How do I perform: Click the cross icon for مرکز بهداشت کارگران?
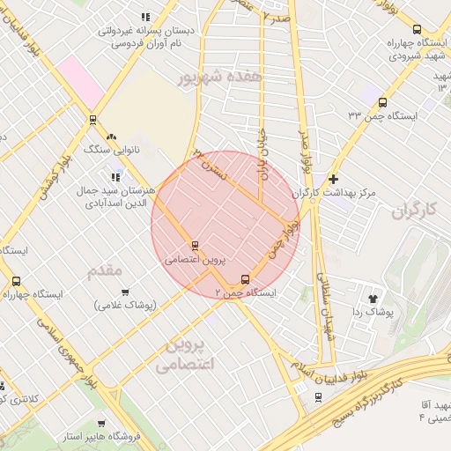pos(333,178)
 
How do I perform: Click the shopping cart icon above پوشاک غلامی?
pos(125,292)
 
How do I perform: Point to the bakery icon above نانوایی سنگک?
pos(111,137)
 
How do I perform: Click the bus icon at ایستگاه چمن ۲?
pos(246,279)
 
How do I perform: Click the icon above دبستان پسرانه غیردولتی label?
pos(144,16)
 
